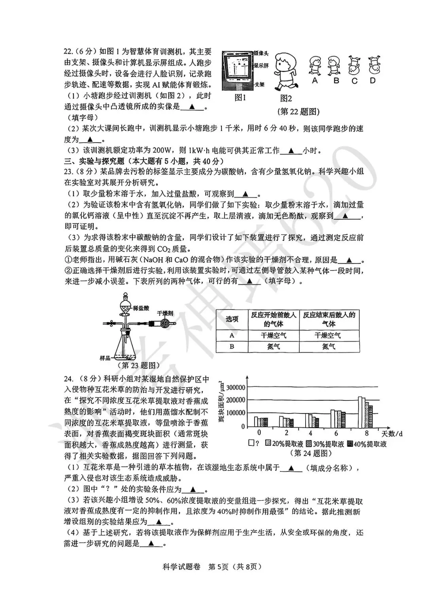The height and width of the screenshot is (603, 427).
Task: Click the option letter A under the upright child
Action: click(x=315, y=80)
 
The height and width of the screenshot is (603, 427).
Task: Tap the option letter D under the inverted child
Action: click(x=372, y=80)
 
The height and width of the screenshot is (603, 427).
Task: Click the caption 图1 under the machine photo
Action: click(x=240, y=98)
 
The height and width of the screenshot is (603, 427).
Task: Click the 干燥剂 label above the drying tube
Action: click(x=165, y=313)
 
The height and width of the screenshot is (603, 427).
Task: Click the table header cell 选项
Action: click(x=232, y=319)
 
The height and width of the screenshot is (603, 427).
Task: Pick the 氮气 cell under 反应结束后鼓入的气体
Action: click(x=329, y=346)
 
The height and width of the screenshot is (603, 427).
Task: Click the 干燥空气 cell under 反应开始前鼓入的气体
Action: click(x=273, y=336)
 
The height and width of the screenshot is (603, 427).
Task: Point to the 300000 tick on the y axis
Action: click(x=235, y=387)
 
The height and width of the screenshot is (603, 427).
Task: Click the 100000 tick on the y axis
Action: click(x=235, y=413)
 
